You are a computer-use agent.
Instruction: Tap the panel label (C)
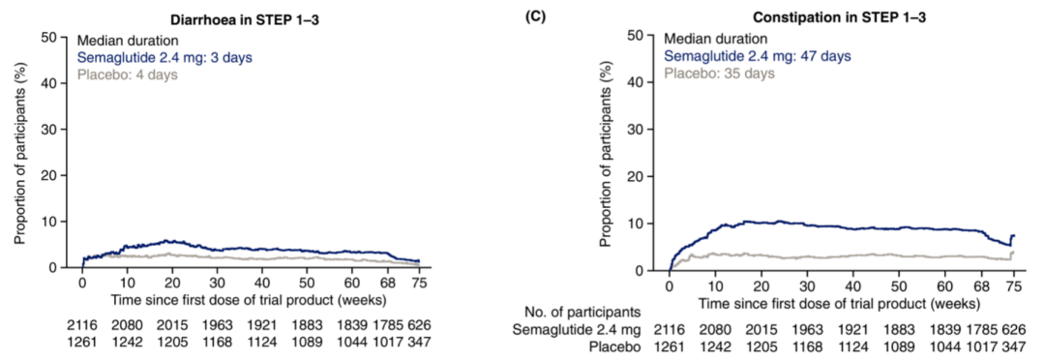pyautogui.click(x=536, y=17)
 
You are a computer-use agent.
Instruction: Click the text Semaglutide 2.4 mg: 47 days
pyautogui.click(x=757, y=56)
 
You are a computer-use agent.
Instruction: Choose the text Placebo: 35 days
pyautogui.click(x=719, y=74)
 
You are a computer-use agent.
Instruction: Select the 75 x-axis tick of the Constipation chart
pyautogui.click(x=1013, y=285)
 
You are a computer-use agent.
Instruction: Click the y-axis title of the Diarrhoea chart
pyautogui.click(x=19, y=151)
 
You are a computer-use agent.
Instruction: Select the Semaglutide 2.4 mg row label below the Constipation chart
pyautogui.click(x=577, y=328)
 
